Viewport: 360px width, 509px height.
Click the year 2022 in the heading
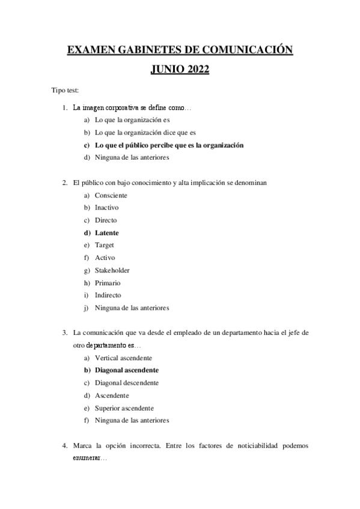coord(194,70)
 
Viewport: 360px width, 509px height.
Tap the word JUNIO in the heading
coord(163,70)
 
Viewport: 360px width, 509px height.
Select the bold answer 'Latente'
coord(106,232)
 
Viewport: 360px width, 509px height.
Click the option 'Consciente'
coord(111,195)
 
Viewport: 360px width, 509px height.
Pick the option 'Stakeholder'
coord(112,270)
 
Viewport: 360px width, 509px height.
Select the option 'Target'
coord(105,245)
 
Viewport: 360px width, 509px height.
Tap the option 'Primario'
coord(108,283)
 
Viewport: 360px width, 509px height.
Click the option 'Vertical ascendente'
coord(123,357)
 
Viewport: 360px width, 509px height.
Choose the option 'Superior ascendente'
coord(124,408)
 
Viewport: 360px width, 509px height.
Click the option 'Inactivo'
coord(107,207)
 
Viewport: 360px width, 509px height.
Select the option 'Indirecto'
coord(108,295)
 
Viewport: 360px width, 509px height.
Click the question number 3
coord(64,332)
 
